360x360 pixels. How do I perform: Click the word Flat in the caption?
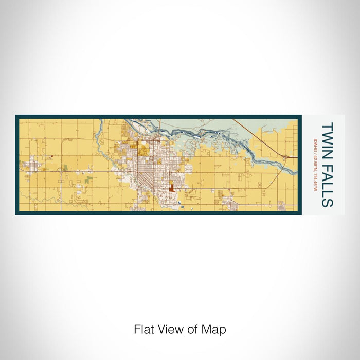[143, 329]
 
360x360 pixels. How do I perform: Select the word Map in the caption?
[215, 329]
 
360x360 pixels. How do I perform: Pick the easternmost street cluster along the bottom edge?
[281, 205]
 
